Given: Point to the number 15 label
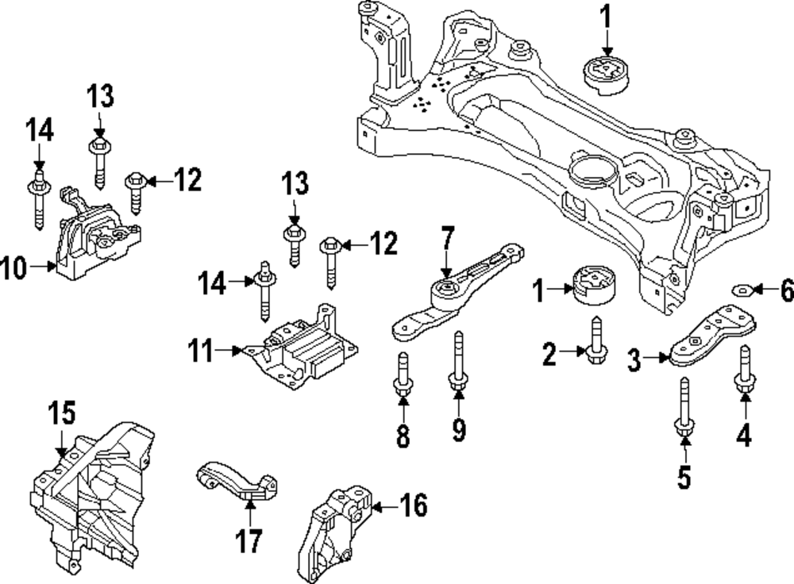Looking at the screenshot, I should pos(62,413).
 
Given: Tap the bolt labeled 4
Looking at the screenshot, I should pos(745,370).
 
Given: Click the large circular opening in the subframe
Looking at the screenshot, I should pos(591,168).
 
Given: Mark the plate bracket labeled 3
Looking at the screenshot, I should pos(711,337).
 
